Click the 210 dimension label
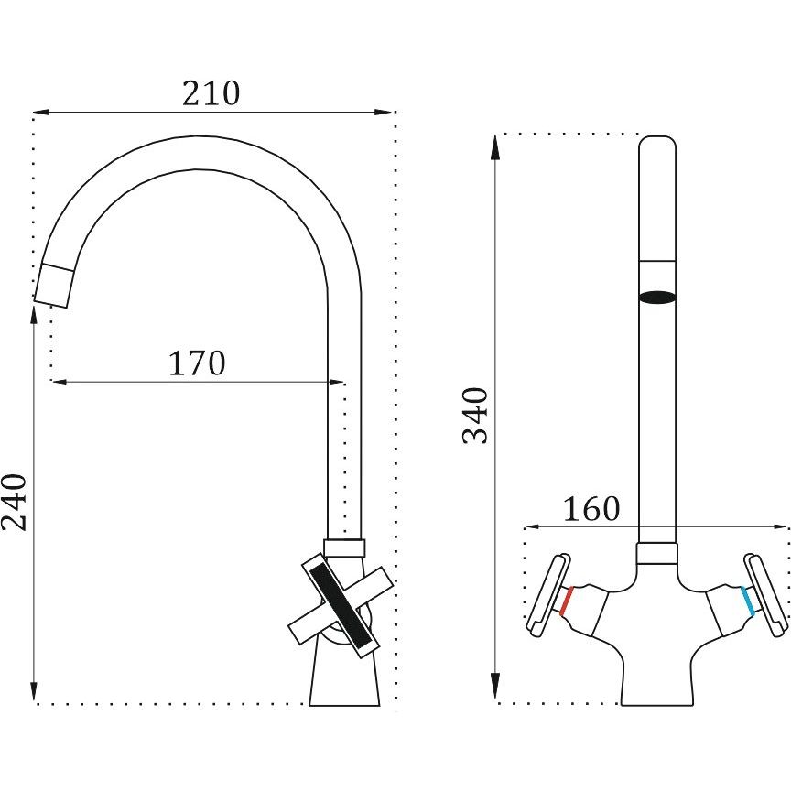(x=211, y=93)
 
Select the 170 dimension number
(x=197, y=363)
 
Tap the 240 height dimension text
(x=14, y=503)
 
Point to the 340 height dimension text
(x=476, y=416)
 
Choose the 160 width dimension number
(x=591, y=509)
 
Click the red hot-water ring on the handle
(x=566, y=601)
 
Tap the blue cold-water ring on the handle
(x=748, y=601)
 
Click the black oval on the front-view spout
(x=657, y=298)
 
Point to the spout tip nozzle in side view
(x=54, y=285)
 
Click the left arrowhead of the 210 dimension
(x=41, y=112)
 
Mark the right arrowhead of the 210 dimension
(x=384, y=112)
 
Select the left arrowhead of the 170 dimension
(x=60, y=382)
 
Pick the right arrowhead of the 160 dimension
(x=781, y=527)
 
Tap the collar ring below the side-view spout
(x=344, y=547)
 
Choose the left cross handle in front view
(x=548, y=594)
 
